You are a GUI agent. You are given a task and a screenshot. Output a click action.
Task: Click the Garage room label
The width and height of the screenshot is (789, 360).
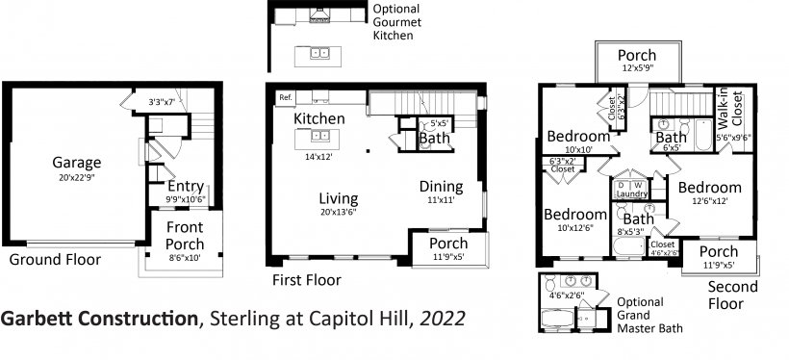pos(76,163)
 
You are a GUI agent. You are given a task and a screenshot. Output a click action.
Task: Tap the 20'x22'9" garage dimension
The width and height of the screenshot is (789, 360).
pos(76,177)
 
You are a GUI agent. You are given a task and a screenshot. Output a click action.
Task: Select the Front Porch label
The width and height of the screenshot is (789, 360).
pos(185,236)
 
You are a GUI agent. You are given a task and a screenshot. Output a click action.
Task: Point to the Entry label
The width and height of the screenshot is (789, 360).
pos(186,187)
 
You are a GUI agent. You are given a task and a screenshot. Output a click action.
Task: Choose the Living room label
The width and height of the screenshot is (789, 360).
pos(339,198)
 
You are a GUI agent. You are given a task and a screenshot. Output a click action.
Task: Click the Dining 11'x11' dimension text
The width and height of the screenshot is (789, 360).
pos(442,199)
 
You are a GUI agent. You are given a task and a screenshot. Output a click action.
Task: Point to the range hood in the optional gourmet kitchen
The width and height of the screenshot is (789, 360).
pos(319,15)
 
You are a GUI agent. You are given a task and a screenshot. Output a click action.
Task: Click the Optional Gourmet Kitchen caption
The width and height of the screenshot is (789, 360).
pos(396,22)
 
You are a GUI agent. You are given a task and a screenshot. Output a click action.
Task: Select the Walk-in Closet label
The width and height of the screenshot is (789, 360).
pos(730,110)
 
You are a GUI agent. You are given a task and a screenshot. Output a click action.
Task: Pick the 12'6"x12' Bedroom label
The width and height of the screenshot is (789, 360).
pos(709,188)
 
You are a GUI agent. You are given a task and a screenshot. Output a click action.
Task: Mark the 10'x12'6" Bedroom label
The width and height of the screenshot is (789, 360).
pos(575,215)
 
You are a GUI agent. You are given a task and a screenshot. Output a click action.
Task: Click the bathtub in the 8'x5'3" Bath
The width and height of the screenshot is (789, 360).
pos(628,247)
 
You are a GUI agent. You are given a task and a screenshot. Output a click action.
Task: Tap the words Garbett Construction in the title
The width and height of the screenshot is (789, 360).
pos(98,319)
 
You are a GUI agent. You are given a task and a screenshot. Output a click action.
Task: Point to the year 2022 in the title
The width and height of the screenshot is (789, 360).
pos(443,319)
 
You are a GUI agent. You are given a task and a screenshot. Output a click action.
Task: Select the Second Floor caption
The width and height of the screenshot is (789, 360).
pos(732,296)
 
